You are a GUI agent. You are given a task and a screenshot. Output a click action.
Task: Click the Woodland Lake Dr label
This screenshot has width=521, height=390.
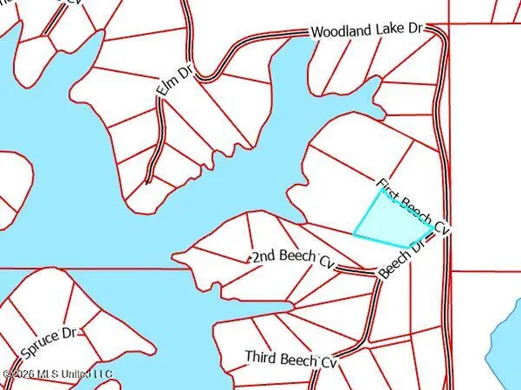click(366, 31)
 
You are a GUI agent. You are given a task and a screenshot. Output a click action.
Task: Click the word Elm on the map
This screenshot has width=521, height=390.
click(164, 87)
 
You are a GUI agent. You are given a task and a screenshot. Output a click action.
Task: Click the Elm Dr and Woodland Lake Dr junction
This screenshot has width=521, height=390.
click(201, 77)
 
